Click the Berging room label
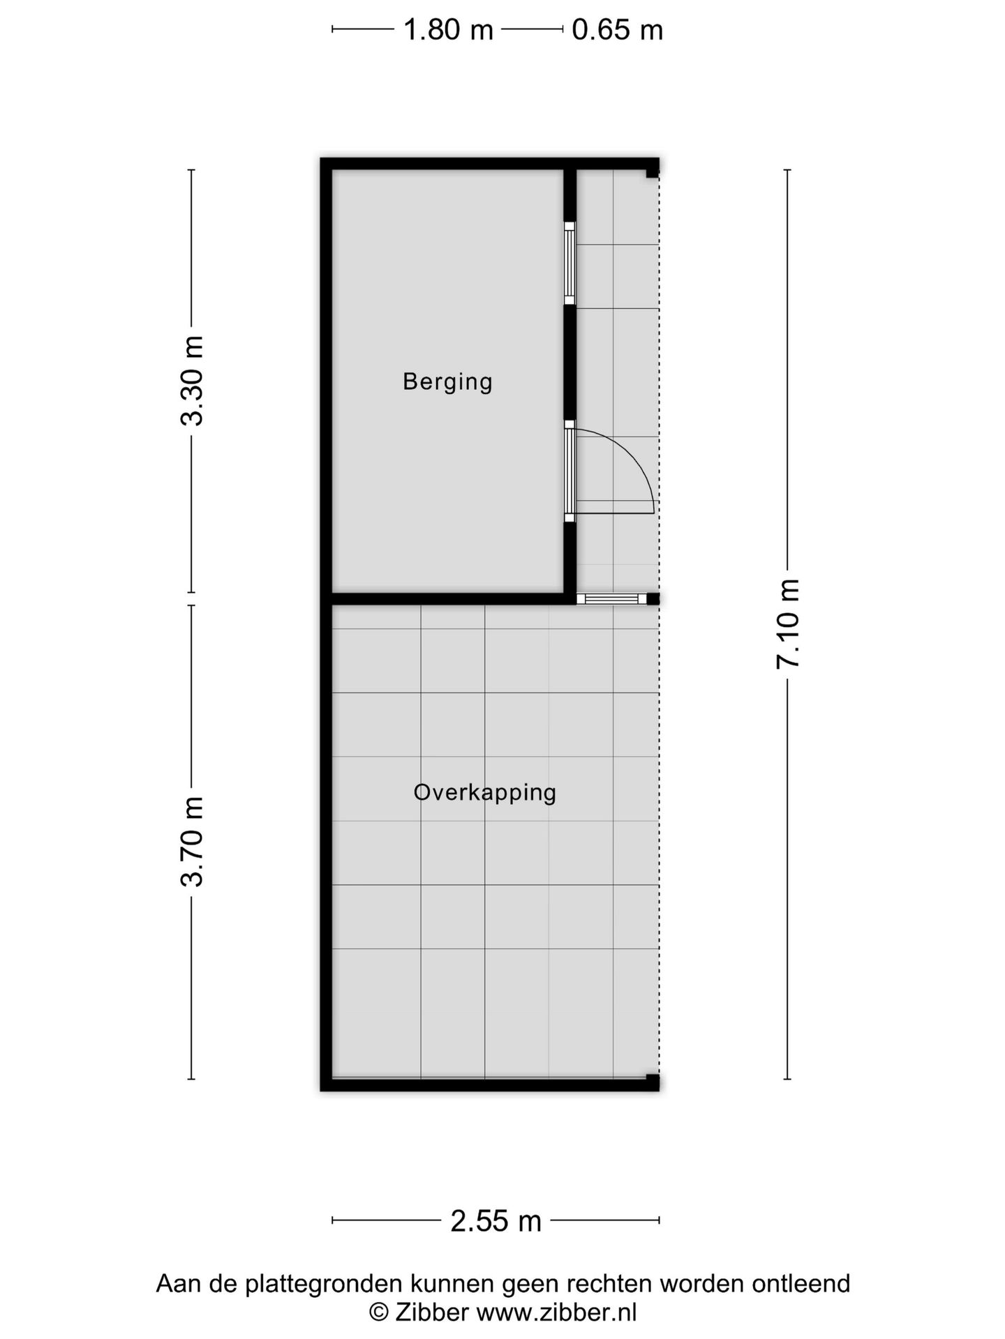[447, 382]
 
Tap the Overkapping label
[484, 793]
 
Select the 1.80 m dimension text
[448, 30]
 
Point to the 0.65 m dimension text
[617, 30]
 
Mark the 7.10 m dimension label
[787, 624]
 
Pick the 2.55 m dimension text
[496, 1221]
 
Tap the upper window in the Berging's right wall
[569, 263]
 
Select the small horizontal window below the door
[611, 598]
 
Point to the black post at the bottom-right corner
[653, 1082]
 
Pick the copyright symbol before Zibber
[378, 1312]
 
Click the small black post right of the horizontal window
[653, 598]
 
